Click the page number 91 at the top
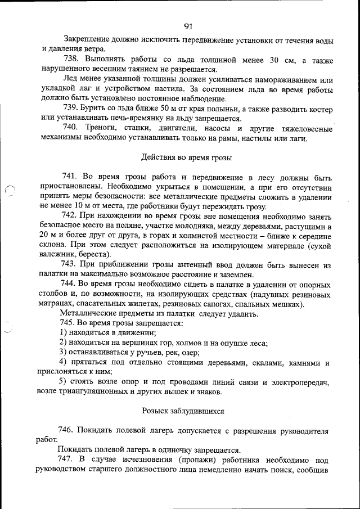point(188,26)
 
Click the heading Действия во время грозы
point(186,157)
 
